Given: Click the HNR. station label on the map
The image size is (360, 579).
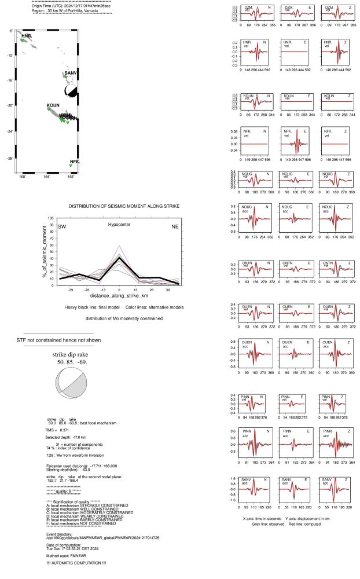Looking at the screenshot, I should coord(27,36).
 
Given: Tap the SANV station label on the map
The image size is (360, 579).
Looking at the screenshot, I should coord(71,73).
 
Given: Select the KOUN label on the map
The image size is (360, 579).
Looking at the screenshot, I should coord(53,106).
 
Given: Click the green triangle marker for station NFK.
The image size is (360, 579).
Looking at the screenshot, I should coord(71,166).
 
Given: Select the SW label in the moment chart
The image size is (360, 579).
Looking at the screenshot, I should coord(61,226).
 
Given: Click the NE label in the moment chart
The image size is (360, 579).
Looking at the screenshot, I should coord(175,226).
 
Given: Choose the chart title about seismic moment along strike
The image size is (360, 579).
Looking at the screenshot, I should coord(124,206).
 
